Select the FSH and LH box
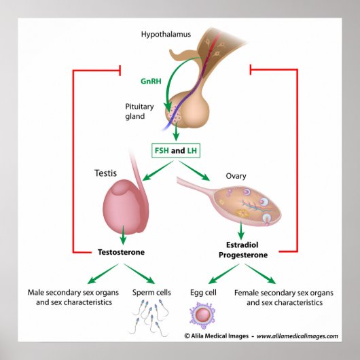point(179,149)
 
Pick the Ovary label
point(236,176)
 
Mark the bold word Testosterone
point(122,252)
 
